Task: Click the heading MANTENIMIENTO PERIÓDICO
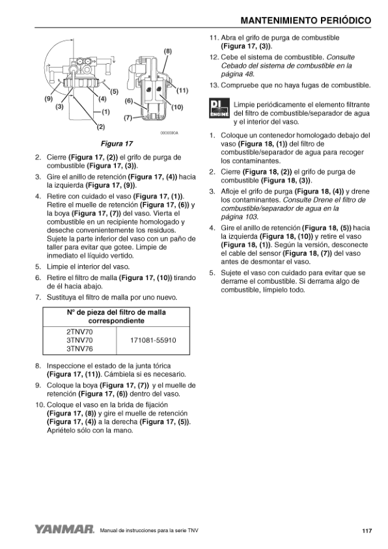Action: click(306, 21)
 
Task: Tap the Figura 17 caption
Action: click(117, 143)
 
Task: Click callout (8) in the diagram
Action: click(168, 51)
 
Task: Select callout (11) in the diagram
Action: click(182, 91)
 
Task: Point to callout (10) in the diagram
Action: click(177, 107)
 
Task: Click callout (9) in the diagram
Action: click(48, 98)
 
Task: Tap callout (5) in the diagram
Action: click(115, 92)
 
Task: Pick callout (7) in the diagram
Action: click(128, 118)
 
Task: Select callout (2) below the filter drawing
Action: click(101, 127)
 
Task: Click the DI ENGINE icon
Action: click(219, 108)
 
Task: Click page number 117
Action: click(367, 531)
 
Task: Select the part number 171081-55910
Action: click(153, 341)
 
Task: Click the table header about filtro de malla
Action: click(116, 317)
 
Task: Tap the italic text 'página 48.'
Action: click(237, 74)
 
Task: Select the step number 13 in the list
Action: click(214, 85)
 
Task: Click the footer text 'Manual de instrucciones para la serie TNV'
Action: click(149, 531)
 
